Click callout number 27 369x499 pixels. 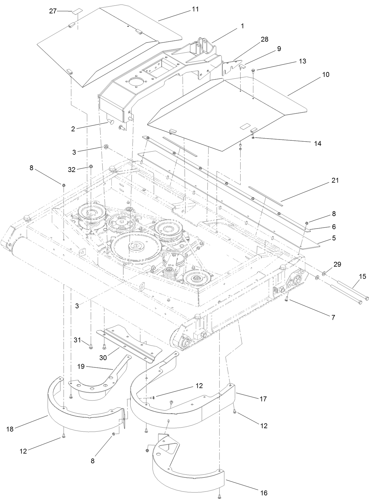click(53, 11)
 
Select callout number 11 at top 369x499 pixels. click(195, 9)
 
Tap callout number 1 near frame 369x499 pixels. click(242, 26)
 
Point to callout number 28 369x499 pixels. click(265, 39)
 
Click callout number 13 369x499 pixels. click(302, 61)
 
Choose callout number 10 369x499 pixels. click(326, 74)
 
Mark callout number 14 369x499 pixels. click(317, 143)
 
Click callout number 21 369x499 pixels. click(335, 180)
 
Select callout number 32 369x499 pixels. click(72, 170)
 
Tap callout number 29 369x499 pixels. click(337, 264)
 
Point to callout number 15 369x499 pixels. click(363, 277)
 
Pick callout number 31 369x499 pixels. click(77, 340)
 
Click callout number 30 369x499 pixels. click(103, 358)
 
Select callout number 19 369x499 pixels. click(81, 367)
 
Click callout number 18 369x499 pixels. click(9, 429)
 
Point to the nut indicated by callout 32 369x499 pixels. click(91, 166)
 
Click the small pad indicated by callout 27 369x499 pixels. click(77, 12)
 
